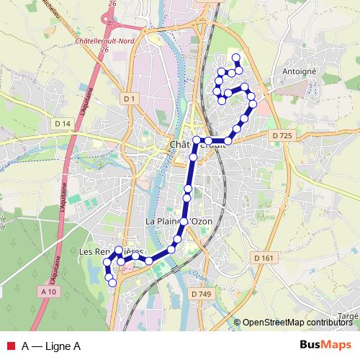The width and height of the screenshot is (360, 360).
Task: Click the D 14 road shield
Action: click(x=63, y=124)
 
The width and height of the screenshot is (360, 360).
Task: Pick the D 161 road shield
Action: click(x=264, y=257)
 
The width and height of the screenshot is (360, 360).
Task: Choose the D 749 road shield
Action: click(x=202, y=294)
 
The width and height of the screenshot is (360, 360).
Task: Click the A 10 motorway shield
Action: click(x=48, y=291)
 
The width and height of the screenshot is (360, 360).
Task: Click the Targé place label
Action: click(x=348, y=316)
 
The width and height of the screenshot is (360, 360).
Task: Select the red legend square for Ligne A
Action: click(x=9, y=346)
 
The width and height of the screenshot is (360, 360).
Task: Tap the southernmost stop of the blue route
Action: click(x=112, y=283)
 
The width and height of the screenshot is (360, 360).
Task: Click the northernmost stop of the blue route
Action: click(x=236, y=58)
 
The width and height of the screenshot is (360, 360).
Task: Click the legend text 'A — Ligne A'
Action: click(x=50, y=346)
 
